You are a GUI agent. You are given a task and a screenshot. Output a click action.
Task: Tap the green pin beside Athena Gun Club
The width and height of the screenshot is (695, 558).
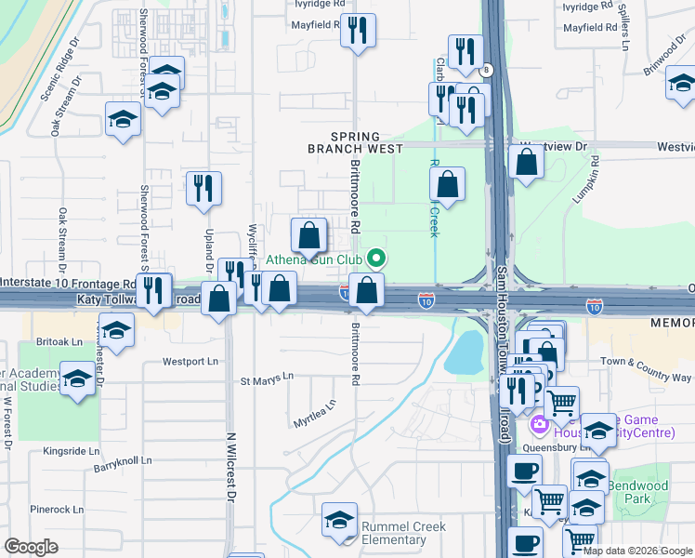point(375,259)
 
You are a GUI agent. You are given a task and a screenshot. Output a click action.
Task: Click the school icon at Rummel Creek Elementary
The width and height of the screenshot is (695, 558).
point(340,521)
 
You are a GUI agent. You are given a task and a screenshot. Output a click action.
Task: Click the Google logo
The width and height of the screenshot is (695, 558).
point(32,547)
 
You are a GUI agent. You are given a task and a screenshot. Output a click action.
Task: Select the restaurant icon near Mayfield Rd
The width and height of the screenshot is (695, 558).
point(357,30)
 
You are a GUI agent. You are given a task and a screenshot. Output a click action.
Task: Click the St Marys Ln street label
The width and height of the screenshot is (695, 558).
point(267,379)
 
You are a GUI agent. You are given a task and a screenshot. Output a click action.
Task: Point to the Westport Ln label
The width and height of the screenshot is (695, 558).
point(190,361)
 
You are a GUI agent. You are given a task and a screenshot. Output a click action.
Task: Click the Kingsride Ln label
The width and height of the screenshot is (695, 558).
point(71,451)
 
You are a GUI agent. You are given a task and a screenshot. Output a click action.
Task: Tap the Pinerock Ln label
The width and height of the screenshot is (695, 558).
point(57,510)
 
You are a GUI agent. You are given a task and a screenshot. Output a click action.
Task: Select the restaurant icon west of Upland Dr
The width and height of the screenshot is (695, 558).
point(203,187)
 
